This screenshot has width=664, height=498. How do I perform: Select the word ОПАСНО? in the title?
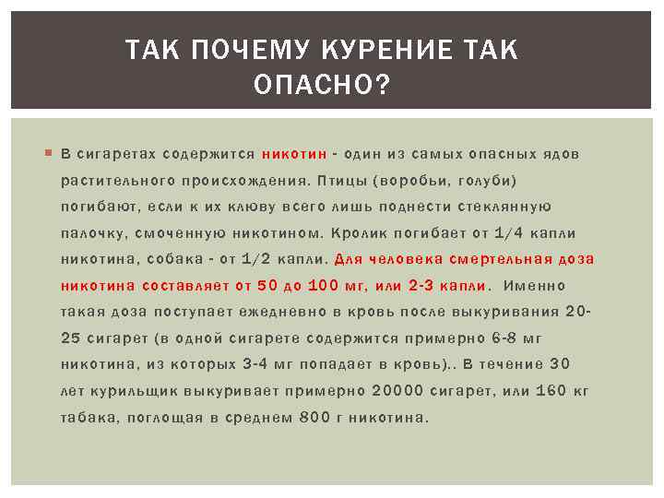click(322, 86)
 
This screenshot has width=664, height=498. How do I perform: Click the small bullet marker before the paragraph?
click(49, 153)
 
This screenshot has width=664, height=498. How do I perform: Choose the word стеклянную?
click(509, 207)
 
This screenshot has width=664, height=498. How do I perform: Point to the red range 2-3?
click(421, 286)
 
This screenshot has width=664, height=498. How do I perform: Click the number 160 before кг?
click(551, 391)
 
